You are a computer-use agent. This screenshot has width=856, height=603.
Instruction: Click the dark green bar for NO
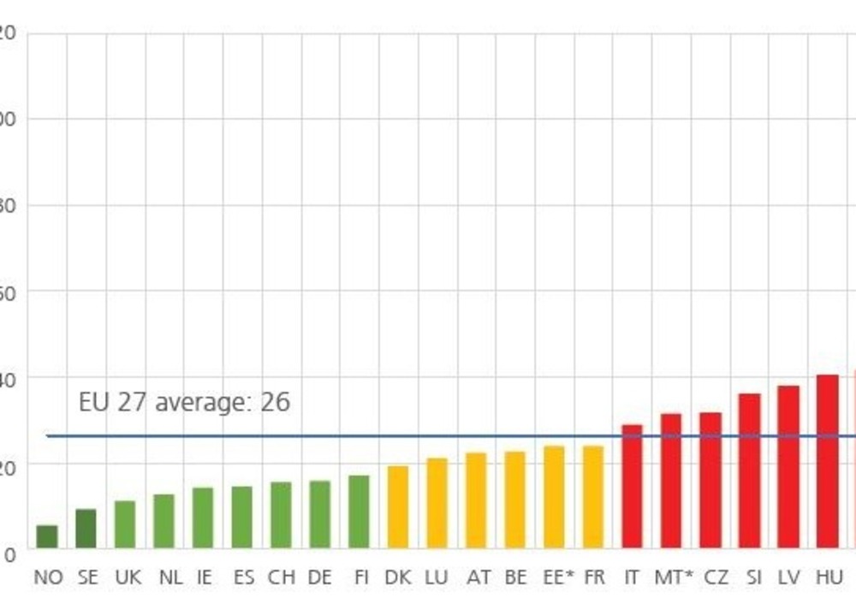pyautogui.click(x=47, y=536)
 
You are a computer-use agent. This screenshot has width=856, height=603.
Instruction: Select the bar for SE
pyautogui.click(x=86, y=529)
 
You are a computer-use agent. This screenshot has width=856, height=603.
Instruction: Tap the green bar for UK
pyautogui.click(x=125, y=524)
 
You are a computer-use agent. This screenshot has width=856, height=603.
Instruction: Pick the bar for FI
pyautogui.click(x=360, y=511)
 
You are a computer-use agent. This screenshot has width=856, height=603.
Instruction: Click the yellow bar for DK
pyautogui.click(x=398, y=506)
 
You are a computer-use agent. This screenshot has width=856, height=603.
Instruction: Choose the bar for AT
pyautogui.click(x=476, y=500)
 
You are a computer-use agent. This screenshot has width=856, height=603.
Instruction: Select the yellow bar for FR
pyautogui.click(x=593, y=497)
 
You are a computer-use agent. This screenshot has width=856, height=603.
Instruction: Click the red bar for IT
pyautogui.click(x=632, y=486)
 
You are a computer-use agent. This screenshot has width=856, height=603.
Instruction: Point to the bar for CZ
pyautogui.click(x=710, y=480)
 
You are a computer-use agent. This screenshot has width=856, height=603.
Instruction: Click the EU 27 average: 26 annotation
pyautogui.click(x=184, y=402)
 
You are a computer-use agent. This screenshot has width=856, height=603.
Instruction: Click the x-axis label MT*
pyautogui.click(x=674, y=577)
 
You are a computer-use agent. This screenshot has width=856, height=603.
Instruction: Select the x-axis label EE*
pyautogui.click(x=559, y=577)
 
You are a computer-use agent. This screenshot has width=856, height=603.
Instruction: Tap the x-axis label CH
pyautogui.click(x=281, y=577)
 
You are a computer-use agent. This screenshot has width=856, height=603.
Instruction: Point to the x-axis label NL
pyautogui.click(x=171, y=577)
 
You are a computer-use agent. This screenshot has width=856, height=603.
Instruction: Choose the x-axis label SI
pyautogui.click(x=753, y=577)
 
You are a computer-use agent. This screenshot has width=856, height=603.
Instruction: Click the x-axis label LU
pyautogui.click(x=437, y=577)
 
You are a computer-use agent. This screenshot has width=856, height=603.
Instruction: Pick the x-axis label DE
pyautogui.click(x=319, y=577)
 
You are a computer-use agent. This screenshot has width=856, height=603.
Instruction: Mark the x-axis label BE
pyautogui.click(x=515, y=577)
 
